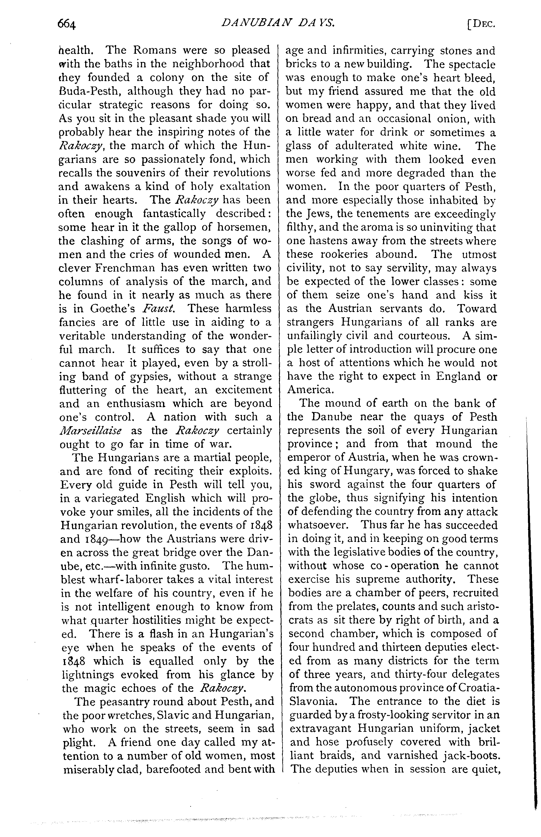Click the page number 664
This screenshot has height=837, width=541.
coord(67,25)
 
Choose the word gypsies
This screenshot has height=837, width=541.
coord(150,376)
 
